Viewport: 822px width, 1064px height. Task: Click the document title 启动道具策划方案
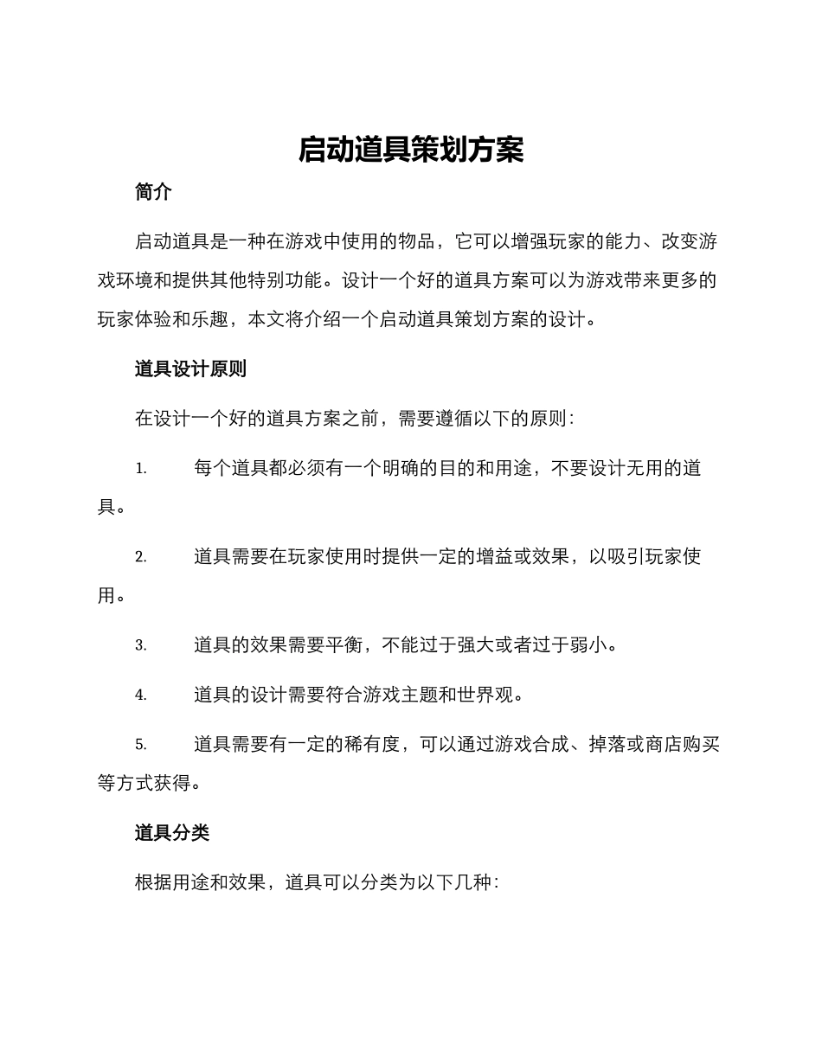pos(411,150)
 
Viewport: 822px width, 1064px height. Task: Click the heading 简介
pos(154,193)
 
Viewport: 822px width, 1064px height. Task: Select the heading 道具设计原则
pos(190,369)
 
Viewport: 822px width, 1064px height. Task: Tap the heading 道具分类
pos(172,833)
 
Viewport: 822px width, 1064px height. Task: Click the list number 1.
pos(140,470)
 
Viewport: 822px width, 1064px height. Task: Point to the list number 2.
pos(140,558)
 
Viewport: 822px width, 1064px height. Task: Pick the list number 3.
pos(140,645)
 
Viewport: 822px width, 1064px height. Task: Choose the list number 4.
pos(140,695)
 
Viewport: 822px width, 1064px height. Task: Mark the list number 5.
pos(140,745)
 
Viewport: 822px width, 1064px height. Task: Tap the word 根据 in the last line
pos(153,883)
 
